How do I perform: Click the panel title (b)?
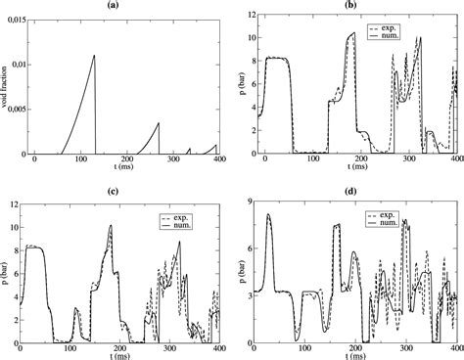(361, 6)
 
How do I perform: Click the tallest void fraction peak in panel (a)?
(121, 56)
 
